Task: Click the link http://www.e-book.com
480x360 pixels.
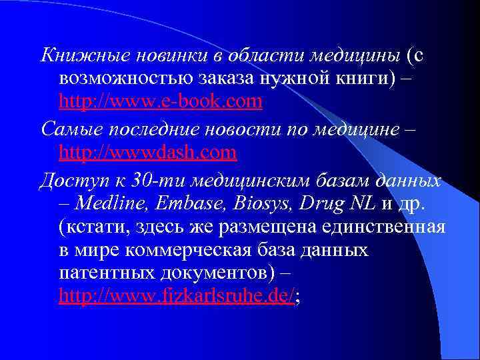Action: [160, 102]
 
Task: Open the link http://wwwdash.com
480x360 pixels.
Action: [147, 153]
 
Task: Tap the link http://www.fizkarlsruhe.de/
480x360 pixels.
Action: [176, 297]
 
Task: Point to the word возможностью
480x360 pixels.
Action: [125, 78]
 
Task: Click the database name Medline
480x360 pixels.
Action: [110, 202]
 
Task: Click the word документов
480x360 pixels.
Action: [217, 274]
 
